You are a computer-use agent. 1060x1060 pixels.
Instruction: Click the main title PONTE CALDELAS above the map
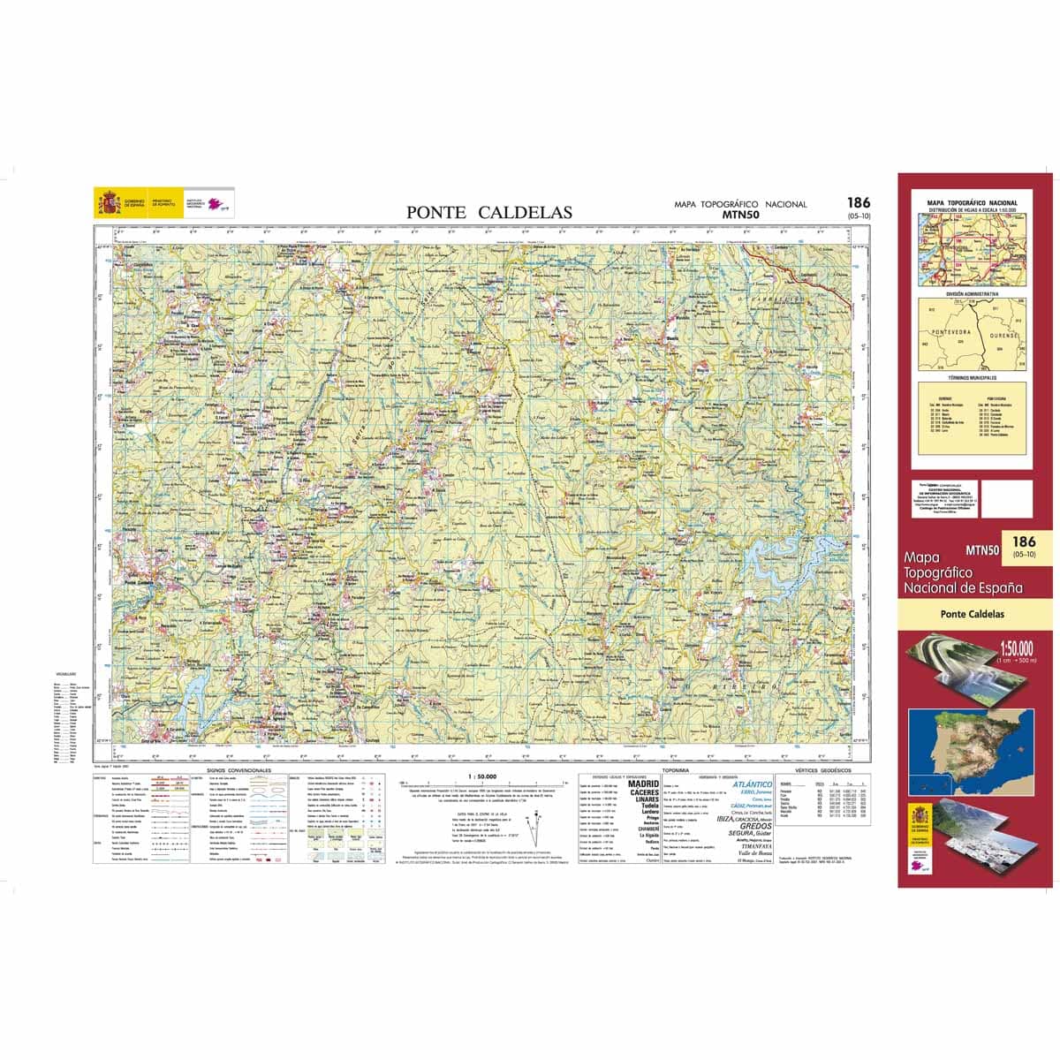488,212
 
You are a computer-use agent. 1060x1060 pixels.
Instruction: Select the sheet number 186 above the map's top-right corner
857,203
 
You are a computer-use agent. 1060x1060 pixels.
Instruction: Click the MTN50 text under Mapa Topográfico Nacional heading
739,214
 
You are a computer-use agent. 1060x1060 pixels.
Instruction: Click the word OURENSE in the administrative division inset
1003,337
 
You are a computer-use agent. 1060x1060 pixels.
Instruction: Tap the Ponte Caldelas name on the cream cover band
973,615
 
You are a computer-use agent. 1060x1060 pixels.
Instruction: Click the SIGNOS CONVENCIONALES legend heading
238,770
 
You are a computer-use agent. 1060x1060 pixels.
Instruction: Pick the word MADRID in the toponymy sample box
643,784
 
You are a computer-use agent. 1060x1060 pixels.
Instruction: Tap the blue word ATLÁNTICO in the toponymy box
752,784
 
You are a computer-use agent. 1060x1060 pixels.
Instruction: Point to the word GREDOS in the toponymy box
755,826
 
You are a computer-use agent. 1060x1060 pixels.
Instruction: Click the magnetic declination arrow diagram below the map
534,830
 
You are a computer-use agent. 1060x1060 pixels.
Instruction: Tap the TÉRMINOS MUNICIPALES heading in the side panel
972,377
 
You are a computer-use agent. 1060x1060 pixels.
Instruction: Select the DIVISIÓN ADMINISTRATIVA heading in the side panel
972,292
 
